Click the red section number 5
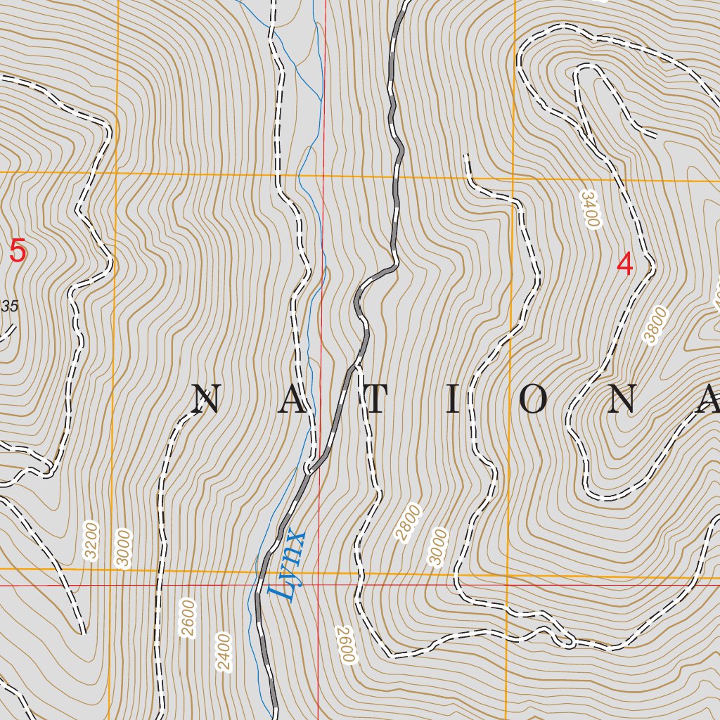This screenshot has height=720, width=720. [x=18, y=251]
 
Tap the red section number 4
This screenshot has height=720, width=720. [x=624, y=264]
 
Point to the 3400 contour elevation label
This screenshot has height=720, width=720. [x=590, y=209]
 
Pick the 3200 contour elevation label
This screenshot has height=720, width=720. [x=91, y=541]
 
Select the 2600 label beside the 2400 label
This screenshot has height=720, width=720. [x=188, y=617]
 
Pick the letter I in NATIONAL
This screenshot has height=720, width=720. [x=454, y=400]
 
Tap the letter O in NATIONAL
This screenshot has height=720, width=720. [x=534, y=400]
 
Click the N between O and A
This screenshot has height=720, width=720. [x=623, y=400]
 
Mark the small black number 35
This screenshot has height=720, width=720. [x=9, y=306]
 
